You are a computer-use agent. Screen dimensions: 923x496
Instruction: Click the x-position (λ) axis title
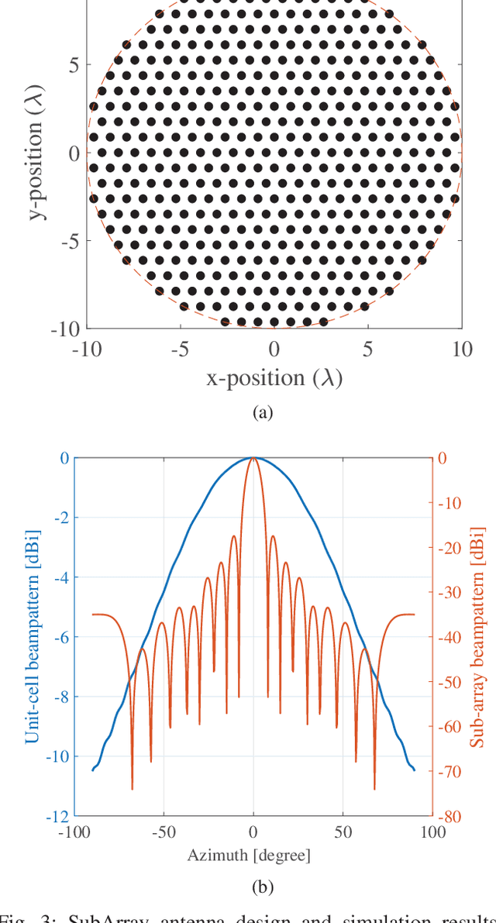tap(274, 378)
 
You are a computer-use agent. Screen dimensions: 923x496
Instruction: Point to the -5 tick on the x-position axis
tap(180, 349)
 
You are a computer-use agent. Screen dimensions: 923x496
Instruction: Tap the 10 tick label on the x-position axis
tap(462, 349)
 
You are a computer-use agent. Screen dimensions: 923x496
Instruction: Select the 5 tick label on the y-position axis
tap(73, 64)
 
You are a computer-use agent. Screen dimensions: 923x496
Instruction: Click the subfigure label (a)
tap(263, 413)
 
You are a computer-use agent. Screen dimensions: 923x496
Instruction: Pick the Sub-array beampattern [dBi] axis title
tap(477, 637)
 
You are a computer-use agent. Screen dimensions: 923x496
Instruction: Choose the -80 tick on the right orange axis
tap(451, 816)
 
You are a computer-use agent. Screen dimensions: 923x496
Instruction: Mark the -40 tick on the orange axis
tap(451, 637)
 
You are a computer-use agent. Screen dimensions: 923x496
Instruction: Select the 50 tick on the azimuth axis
tap(343, 832)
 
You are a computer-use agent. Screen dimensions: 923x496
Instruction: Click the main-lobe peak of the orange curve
tap(253, 458)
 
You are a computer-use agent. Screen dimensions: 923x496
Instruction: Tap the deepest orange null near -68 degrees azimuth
tap(133, 788)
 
